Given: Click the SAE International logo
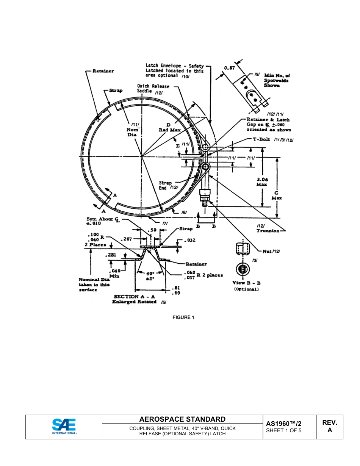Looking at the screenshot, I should pyautogui.click(x=64, y=427).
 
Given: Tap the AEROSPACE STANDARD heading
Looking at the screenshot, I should pyautogui.click(x=182, y=419).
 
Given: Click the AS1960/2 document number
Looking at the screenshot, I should pyautogui.click(x=284, y=423).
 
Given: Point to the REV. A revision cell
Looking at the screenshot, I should pyautogui.click(x=329, y=426).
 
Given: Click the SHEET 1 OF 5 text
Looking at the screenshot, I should pyautogui.click(x=284, y=430).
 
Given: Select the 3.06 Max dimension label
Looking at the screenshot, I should pyautogui.click(x=261, y=182).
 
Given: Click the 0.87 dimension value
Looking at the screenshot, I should pyautogui.click(x=230, y=68).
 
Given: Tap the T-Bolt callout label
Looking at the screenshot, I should pyautogui.click(x=261, y=139).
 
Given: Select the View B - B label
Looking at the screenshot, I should pyautogui.click(x=246, y=283).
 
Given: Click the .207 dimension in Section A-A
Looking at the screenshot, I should pyautogui.click(x=128, y=239).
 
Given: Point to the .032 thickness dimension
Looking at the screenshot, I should pyautogui.click(x=191, y=240).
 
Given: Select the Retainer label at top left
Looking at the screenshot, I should pyautogui.click(x=103, y=71).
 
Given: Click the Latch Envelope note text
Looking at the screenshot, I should pyautogui.click(x=174, y=70).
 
